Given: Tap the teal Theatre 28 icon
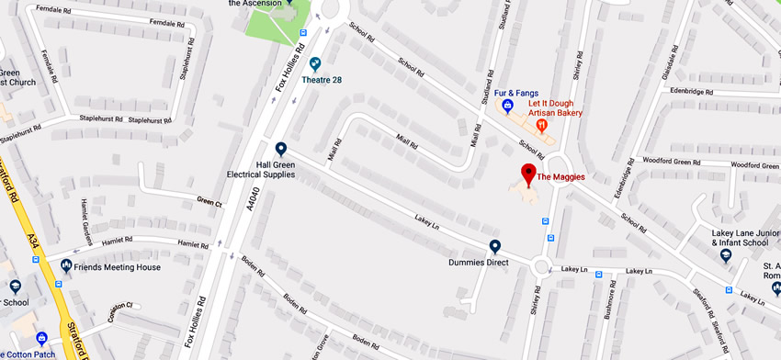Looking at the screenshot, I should point(316,63).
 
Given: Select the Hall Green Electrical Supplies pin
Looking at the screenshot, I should point(281,149).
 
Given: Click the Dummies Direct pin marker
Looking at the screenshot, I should point(495,246).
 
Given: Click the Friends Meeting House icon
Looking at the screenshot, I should point(66,266).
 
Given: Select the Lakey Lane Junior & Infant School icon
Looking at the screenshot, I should point(726,254).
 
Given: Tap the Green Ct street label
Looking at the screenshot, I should point(209,202).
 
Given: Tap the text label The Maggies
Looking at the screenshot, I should point(560,177).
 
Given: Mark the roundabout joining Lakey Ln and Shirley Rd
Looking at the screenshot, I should point(540,267).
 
